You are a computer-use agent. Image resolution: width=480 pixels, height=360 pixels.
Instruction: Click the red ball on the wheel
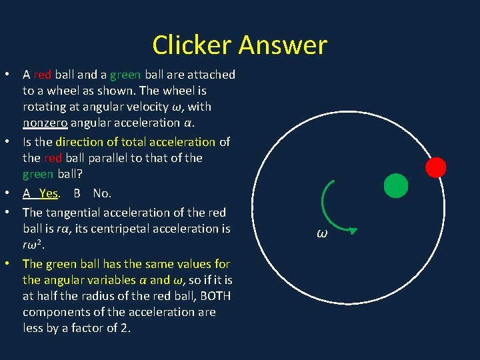436,167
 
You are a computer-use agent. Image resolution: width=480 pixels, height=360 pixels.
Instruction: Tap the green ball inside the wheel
396,186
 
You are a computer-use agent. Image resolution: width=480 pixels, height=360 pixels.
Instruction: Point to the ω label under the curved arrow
322,234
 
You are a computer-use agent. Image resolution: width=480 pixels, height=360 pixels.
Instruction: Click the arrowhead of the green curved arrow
353,231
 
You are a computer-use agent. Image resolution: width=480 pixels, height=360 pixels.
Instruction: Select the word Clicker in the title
192,45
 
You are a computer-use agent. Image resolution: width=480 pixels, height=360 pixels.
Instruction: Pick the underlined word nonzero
47,123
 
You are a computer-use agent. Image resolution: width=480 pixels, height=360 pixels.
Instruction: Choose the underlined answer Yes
48,193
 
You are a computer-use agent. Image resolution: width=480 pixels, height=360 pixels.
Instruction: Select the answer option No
102,193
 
